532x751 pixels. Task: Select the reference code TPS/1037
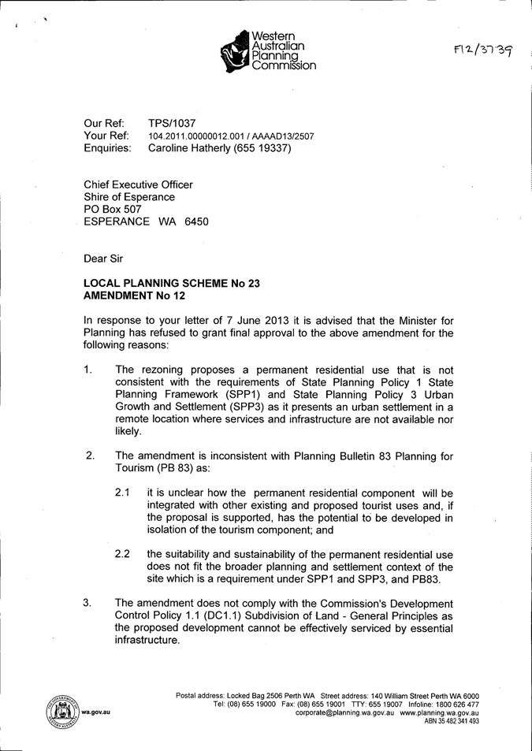[172, 123]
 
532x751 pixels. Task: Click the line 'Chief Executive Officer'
[138, 184]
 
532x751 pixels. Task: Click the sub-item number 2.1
[122, 493]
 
